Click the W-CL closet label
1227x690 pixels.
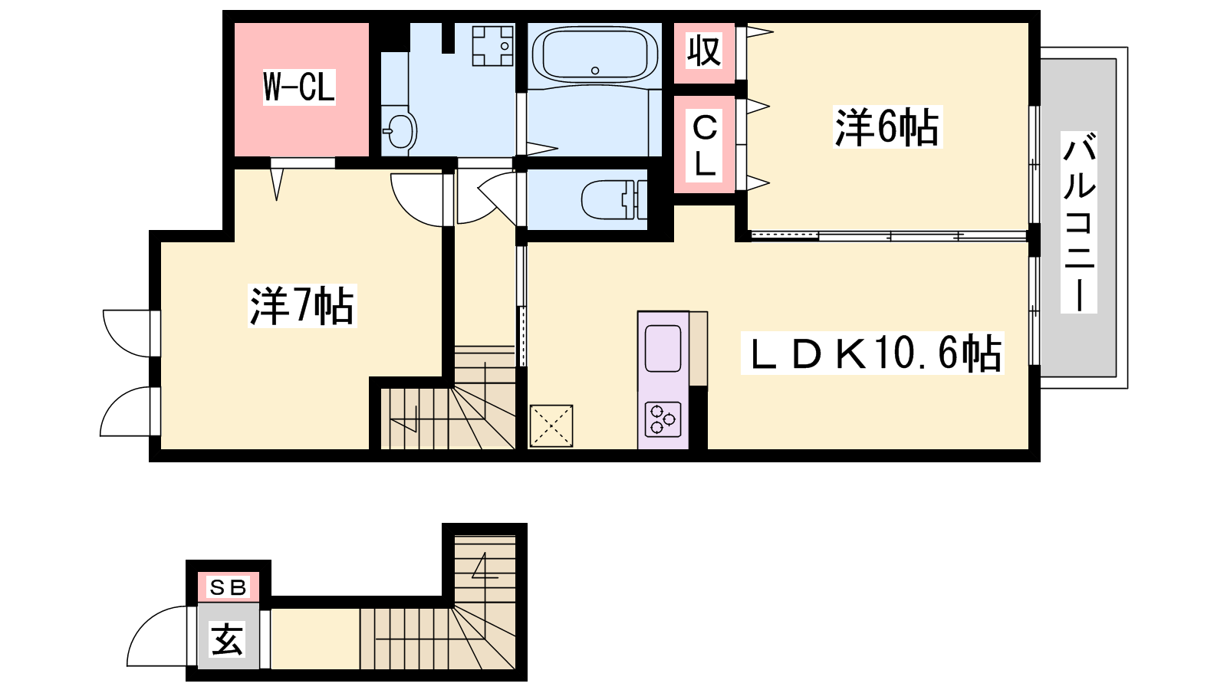click(x=298, y=87)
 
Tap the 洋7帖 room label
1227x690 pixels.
click(x=302, y=306)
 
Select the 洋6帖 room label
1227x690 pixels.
click(x=887, y=127)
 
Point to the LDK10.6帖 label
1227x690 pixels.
click(x=872, y=353)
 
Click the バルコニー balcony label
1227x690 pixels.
click(x=1078, y=222)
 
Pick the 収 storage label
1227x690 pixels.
click(x=704, y=51)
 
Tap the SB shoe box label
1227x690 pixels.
click(x=228, y=587)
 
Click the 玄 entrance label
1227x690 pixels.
click(x=227, y=639)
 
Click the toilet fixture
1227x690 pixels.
click(x=613, y=200)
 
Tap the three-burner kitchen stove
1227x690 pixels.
click(x=663, y=419)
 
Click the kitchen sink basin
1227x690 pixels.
click(x=663, y=349)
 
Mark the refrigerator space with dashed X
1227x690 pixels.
click(x=551, y=426)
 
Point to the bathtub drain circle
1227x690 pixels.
click(x=595, y=70)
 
